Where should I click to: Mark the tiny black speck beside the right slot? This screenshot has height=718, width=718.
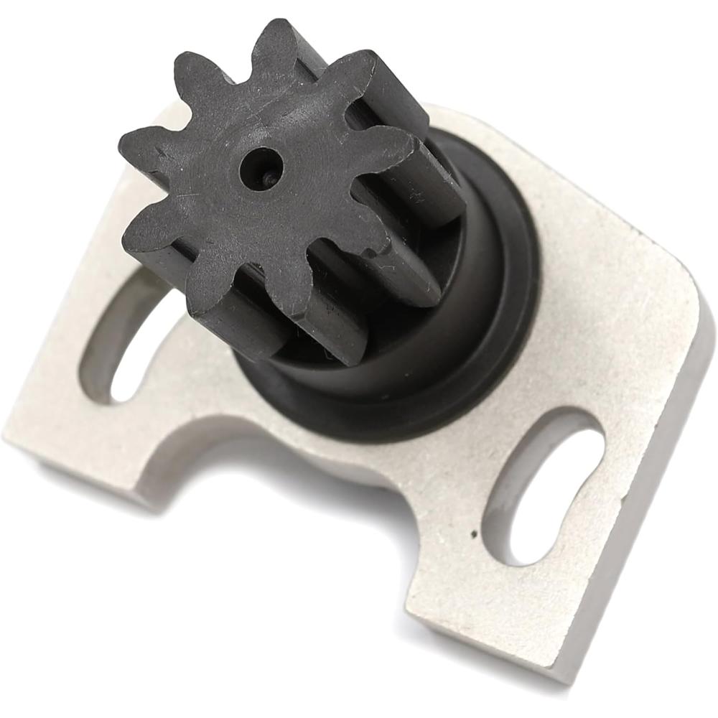(x=473, y=534)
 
